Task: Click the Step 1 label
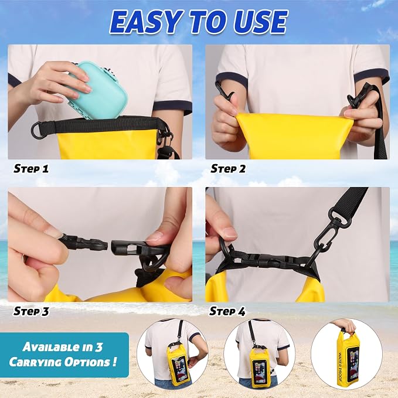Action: point(31,169)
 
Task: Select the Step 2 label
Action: point(228,169)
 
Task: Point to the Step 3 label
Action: point(31,311)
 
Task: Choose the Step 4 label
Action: point(227,311)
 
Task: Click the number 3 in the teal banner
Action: point(98,346)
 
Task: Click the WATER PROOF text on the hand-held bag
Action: point(341,367)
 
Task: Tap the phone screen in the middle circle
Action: point(259,371)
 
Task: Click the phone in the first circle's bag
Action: point(178,368)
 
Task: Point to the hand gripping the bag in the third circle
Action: point(345,326)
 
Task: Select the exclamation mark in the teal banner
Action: point(115,361)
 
